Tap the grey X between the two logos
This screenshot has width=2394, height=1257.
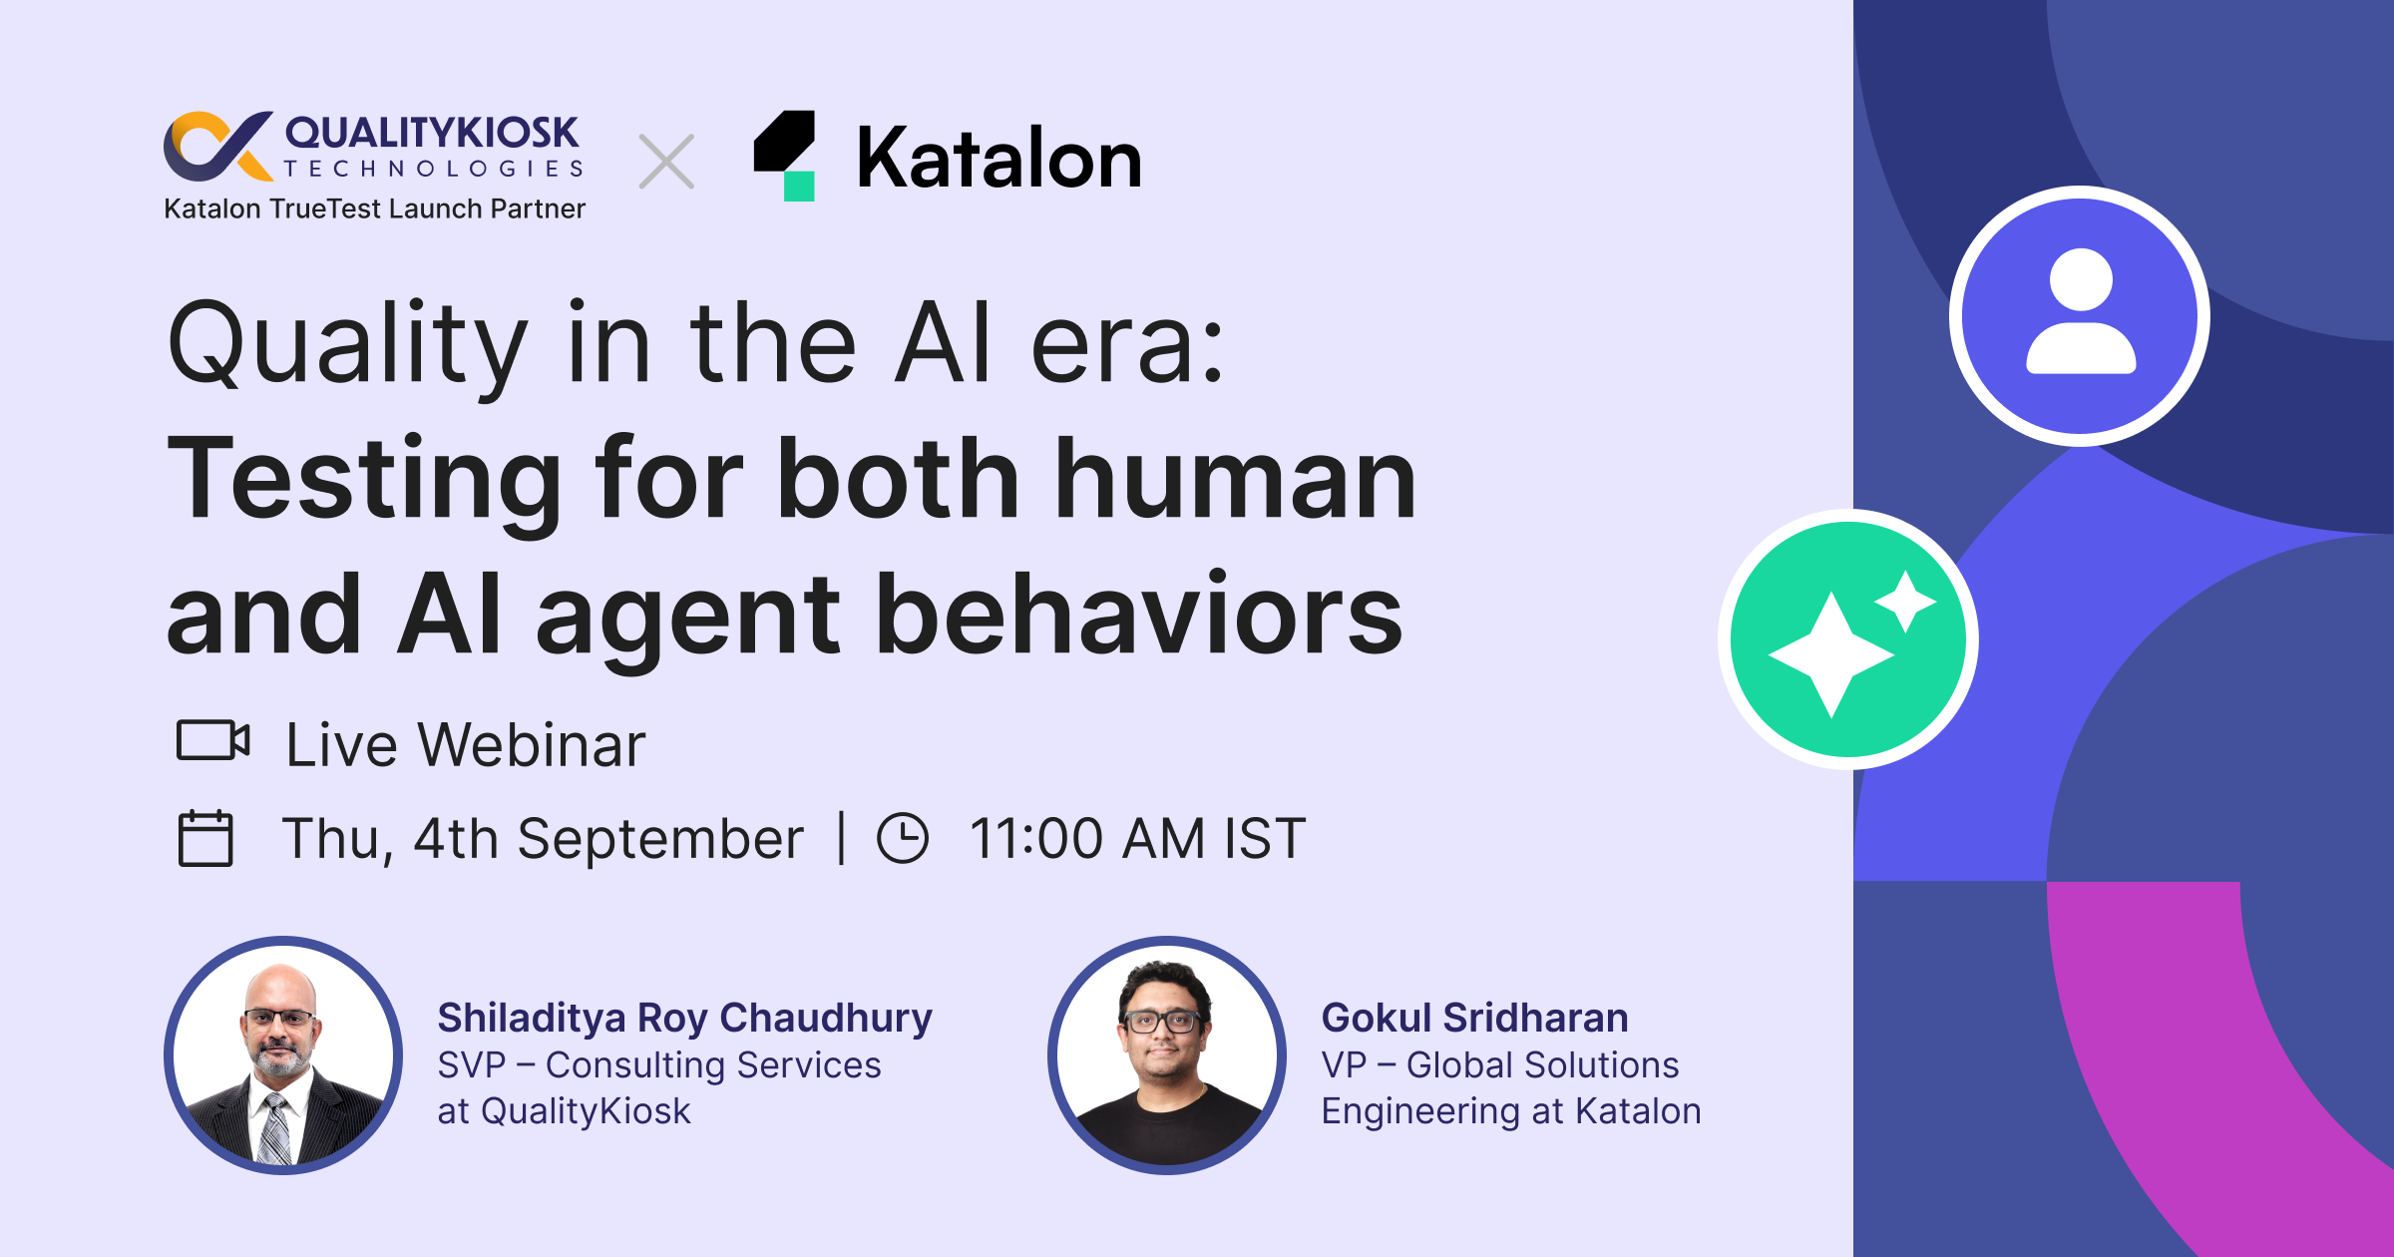tap(666, 162)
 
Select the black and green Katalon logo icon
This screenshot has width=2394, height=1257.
tap(785, 156)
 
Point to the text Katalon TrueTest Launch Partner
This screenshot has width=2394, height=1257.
tap(374, 209)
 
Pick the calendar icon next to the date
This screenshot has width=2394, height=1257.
tap(205, 838)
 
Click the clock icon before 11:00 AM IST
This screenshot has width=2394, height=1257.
tap(903, 837)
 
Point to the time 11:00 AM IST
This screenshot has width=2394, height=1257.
tap(1137, 837)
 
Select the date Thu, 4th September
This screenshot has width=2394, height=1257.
tap(543, 838)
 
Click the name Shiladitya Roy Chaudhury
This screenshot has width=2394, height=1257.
tap(684, 1018)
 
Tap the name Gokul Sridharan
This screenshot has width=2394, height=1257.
tap(1474, 1018)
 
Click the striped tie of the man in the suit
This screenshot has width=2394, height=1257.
tap(273, 1128)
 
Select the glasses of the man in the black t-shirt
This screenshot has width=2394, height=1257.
tap(1161, 1021)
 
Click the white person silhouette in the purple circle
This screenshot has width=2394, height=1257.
tap(2081, 311)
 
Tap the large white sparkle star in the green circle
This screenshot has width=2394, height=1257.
tap(1831, 654)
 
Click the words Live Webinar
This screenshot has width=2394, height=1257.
tap(466, 744)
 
